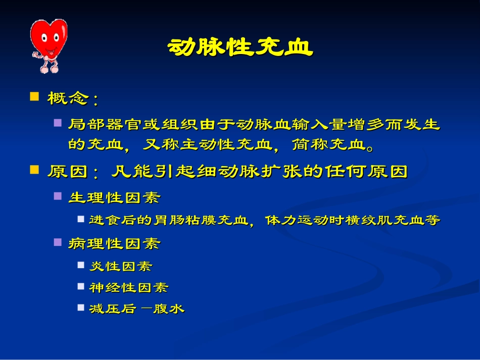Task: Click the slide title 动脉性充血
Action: point(239,47)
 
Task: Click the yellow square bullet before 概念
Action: point(34,96)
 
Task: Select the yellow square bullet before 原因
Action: point(34,170)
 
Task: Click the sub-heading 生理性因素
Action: point(114,197)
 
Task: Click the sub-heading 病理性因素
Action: point(114,244)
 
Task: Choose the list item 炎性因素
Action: point(120,266)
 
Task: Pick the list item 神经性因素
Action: point(129,288)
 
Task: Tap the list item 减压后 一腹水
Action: point(136,309)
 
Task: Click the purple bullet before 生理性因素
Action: point(58,196)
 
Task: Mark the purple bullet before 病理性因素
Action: point(58,242)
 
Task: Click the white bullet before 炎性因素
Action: point(81,265)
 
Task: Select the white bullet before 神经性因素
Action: point(81,286)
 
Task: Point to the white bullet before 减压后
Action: point(81,307)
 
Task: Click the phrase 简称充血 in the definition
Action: point(329,145)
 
